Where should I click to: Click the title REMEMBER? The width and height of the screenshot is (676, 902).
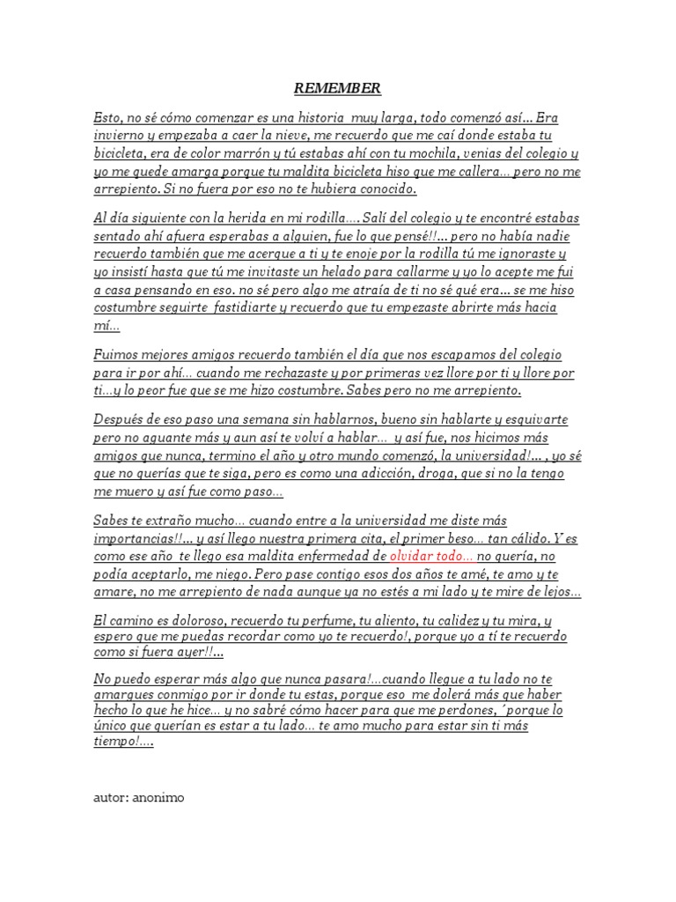[337, 88]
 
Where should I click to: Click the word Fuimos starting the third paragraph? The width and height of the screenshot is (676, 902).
[116, 355]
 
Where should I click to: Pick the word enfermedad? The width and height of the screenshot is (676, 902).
[337, 556]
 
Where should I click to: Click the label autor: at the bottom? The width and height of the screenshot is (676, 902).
[110, 798]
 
